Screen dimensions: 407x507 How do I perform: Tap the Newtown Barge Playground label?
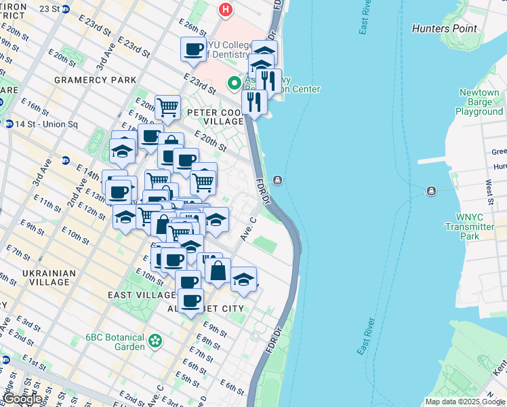(479, 102)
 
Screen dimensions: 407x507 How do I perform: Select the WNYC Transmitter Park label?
(470, 227)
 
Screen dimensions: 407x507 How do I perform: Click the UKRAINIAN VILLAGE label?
(48, 279)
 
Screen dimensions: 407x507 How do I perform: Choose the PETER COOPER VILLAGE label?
(216, 117)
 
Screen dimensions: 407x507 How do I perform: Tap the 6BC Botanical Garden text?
(115, 342)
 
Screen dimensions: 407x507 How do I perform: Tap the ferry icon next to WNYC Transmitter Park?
(431, 191)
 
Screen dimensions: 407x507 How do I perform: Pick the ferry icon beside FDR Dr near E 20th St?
(278, 180)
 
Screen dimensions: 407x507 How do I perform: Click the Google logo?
(22, 398)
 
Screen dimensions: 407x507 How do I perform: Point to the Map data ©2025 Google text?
(464, 402)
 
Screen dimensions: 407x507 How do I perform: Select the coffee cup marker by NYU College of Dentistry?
(194, 50)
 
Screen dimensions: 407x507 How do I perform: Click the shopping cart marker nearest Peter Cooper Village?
(167, 107)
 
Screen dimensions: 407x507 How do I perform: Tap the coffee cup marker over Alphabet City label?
(190, 301)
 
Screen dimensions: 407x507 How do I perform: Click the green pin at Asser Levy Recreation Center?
(235, 83)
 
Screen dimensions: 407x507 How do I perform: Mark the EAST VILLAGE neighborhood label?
(142, 295)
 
